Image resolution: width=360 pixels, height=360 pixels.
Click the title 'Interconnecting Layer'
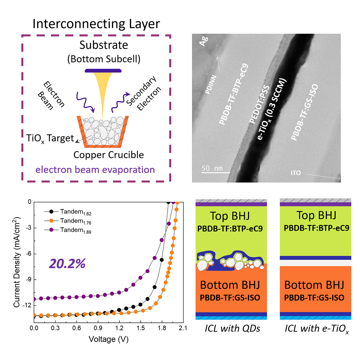tap(96, 24)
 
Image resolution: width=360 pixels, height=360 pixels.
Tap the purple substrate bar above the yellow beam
tap(103, 71)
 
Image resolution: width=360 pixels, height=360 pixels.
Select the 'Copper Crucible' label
tap(109, 155)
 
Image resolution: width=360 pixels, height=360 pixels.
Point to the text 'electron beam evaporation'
tap(95, 170)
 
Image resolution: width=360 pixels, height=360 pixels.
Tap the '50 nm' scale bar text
tap(212, 168)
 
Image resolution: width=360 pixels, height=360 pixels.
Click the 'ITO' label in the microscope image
tap(295, 173)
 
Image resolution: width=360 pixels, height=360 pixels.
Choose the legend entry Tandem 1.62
tap(75, 212)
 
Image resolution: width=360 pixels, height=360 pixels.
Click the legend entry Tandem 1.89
tap(75, 230)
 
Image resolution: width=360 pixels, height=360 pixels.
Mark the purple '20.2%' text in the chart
tap(67, 264)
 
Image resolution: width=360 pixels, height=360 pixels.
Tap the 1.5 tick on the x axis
tap(140, 328)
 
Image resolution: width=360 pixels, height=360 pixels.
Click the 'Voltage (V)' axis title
tap(109, 339)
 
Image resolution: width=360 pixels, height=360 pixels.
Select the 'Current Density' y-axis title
tap(17, 261)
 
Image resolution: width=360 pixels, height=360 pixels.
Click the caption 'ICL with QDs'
tap(232, 328)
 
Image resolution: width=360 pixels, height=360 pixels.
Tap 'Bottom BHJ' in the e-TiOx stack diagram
tap(314, 285)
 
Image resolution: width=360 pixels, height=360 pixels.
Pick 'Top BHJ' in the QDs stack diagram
tap(230, 216)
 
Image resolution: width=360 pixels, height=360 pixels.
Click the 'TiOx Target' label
tap(50, 138)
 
